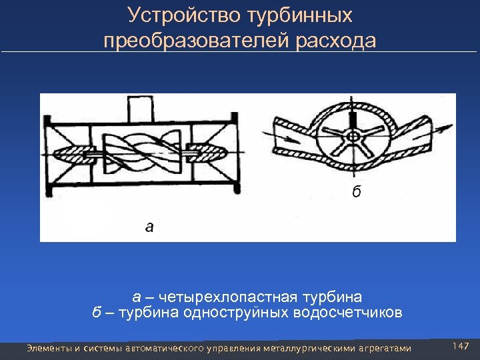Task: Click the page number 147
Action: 461,346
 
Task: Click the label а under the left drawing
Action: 149,227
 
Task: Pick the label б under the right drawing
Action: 357,193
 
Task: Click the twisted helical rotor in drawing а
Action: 139,151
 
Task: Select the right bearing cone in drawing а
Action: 203,152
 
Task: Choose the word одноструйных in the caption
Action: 233,313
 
